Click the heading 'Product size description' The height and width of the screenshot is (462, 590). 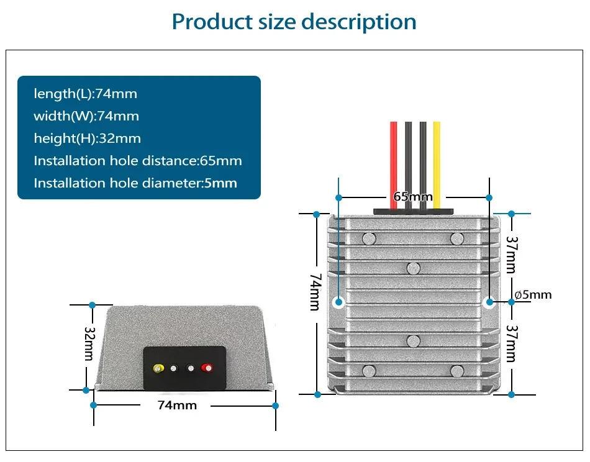tap(294, 22)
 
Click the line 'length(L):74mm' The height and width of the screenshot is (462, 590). tap(85, 94)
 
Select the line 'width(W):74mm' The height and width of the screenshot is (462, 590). tap(86, 116)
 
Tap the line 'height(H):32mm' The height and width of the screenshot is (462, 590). tap(87, 138)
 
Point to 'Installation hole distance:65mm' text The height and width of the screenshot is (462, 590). tap(137, 161)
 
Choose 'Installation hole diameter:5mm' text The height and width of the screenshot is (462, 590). tap(135, 183)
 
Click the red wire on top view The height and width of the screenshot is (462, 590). tap(394, 155)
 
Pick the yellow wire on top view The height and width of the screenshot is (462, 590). tap(437, 155)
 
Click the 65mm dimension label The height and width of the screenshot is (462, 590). tap(412, 197)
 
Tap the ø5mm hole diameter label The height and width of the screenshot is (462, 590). tap(533, 295)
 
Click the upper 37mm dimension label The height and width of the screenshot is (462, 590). tap(511, 254)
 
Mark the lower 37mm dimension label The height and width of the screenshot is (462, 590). tap(511, 344)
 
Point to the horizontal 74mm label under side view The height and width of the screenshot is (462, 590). tap(177, 405)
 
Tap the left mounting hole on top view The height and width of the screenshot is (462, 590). tap(338, 302)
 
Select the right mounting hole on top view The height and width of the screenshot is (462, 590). tap(488, 302)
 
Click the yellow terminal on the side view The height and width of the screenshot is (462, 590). tap(159, 368)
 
